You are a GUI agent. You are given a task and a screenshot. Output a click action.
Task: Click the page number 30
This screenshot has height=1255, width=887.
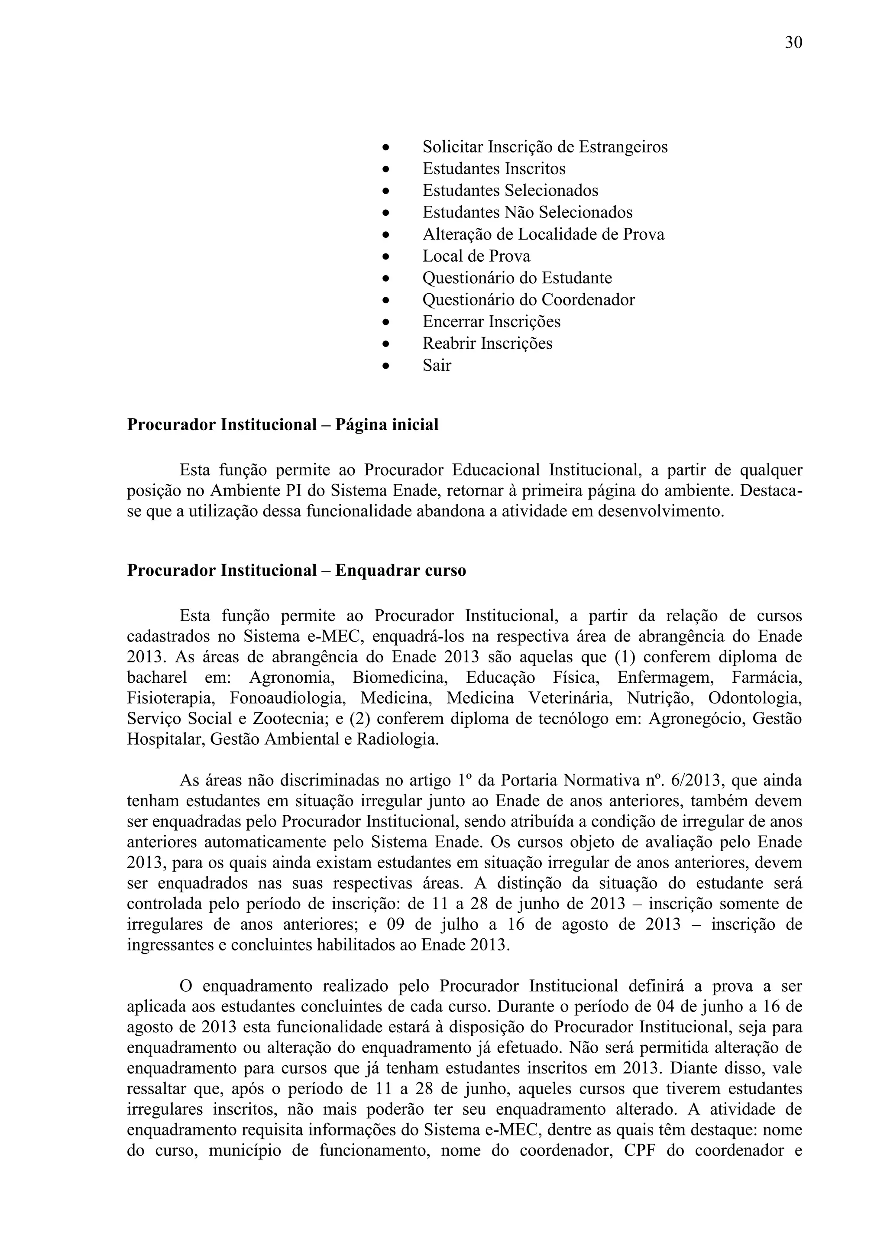coord(793,42)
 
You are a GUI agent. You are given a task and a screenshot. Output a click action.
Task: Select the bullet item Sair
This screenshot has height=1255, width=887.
coord(437,365)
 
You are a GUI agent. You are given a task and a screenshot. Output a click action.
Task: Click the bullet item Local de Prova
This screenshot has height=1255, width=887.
coord(476,256)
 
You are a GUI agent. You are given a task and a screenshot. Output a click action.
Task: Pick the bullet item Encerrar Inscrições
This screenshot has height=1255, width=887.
coord(491,321)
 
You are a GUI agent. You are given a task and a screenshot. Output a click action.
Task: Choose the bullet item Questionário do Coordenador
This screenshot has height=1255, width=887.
coord(528,299)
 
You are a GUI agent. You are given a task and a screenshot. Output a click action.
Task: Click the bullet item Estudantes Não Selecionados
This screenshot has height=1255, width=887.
coord(528,212)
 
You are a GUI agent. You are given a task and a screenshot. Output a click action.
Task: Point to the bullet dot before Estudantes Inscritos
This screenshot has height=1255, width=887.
coord(385,169)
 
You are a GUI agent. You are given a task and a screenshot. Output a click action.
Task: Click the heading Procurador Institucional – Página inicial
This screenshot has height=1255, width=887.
coord(282,425)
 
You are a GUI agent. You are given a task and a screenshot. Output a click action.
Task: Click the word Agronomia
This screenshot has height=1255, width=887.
coord(291,678)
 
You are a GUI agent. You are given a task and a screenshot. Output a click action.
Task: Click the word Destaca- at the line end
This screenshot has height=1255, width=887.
coord(770,491)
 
